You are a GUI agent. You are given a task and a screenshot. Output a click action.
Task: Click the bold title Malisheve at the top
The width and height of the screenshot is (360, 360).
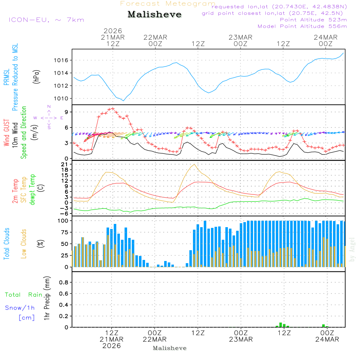pos(154,15)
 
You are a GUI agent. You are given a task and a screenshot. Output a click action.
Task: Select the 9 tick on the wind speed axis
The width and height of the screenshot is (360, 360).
pos(66,112)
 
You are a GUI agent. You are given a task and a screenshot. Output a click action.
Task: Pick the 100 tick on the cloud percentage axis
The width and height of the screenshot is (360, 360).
pos(63,221)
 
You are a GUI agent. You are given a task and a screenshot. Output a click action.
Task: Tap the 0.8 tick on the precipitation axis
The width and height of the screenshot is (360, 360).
pos(64,283)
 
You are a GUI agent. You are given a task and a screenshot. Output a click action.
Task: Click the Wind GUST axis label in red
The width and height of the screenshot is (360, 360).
pos(6,134)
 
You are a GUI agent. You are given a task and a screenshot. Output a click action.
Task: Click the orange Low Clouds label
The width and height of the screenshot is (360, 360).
pos(24,244)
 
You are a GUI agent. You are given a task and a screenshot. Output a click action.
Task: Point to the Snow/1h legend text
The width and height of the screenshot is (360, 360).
pos(20,308)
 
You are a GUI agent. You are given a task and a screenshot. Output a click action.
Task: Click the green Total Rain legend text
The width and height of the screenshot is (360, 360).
pos(24,295)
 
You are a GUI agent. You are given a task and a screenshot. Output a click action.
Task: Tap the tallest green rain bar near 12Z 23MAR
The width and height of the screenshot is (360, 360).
pos(280,325)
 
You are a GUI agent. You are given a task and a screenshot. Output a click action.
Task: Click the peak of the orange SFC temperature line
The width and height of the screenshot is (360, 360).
pos(194,164)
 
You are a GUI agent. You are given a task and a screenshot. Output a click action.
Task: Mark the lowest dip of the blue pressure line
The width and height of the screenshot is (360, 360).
pos(123,101)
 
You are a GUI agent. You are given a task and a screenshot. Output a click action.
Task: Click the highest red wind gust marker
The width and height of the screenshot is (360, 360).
pos(113,108)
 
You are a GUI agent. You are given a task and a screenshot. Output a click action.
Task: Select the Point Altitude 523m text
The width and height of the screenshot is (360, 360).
pos(313,20)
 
